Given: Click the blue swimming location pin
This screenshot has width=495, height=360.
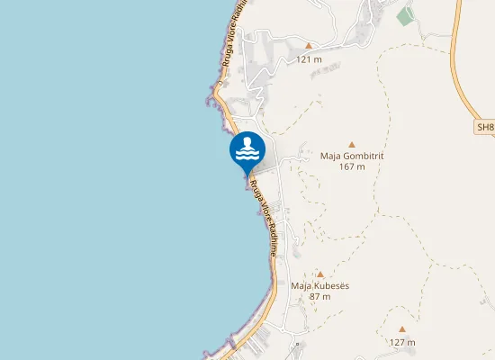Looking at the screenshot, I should pyautogui.click(x=247, y=151).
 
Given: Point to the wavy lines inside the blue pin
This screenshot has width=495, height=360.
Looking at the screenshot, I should pyautogui.click(x=247, y=156).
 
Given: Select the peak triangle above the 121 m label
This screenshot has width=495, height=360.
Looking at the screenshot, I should pyautogui.click(x=309, y=45).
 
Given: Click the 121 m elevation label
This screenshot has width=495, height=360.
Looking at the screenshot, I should pyautogui.click(x=309, y=59).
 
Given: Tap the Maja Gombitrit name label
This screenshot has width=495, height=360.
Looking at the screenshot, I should pyautogui.click(x=352, y=155).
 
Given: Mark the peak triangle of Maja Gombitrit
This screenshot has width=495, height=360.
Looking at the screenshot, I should pyautogui.click(x=352, y=143).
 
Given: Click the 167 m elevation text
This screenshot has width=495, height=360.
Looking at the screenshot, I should pyautogui.click(x=352, y=166).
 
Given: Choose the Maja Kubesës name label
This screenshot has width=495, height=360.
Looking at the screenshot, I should pyautogui.click(x=319, y=285).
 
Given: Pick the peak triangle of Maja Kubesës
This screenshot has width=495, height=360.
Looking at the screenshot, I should pyautogui.click(x=319, y=274).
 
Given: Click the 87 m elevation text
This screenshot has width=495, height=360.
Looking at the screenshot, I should pyautogui.click(x=319, y=296).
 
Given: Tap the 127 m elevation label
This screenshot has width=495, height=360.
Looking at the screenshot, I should pyautogui.click(x=402, y=342).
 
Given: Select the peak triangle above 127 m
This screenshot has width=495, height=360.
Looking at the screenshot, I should pyautogui.click(x=402, y=329).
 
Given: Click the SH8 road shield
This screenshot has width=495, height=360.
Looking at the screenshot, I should pyautogui.click(x=484, y=128).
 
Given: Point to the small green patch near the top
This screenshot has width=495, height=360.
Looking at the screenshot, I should pyautogui.click(x=406, y=15).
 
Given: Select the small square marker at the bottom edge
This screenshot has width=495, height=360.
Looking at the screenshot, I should pyautogui.click(x=298, y=344).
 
